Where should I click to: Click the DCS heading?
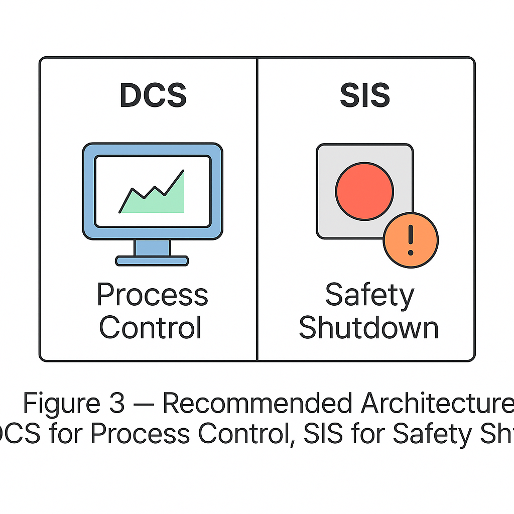tap(153, 95)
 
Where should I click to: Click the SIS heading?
tap(365, 95)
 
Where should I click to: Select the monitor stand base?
tap(152, 261)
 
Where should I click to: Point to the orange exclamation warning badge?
tap(411, 239)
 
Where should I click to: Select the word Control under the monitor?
tap(151, 327)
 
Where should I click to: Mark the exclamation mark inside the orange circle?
tap(411, 239)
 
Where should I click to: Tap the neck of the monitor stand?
tap(152, 247)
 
